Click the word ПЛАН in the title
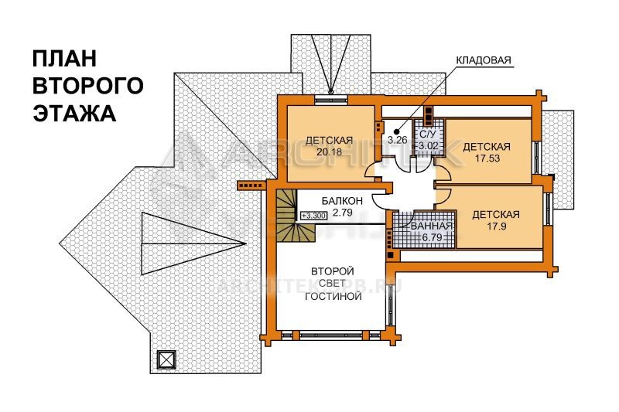(64, 58)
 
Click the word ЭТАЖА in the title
(74, 113)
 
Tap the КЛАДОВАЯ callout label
(483, 60)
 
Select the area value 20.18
(329, 152)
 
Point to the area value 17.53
(487, 158)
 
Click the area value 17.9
(496, 226)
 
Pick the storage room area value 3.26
(397, 140)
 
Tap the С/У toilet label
(428, 134)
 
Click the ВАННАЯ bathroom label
(432, 226)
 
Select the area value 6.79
(432, 237)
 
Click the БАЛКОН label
(342, 201)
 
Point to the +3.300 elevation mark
(313, 216)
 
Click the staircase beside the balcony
(286, 216)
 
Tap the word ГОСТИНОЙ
(333, 296)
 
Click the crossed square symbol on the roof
(166, 359)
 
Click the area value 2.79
(342, 213)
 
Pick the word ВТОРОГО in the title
(87, 86)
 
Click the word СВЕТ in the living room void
(333, 284)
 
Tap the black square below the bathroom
(390, 254)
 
